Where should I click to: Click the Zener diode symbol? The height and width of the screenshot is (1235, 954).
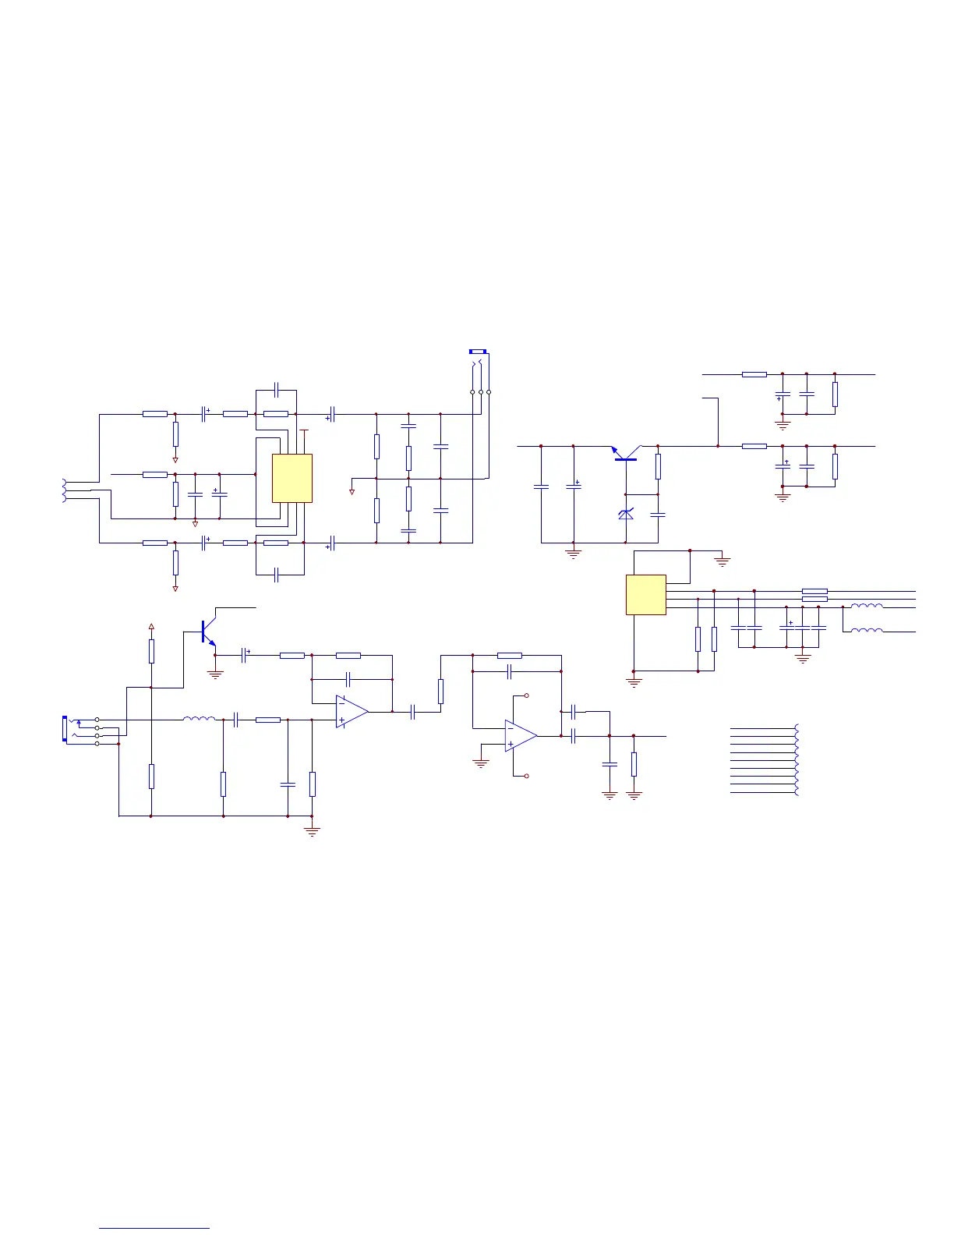[625, 515]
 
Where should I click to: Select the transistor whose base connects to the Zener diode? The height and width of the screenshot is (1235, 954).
[625, 455]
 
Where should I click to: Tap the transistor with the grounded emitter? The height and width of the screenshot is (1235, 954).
[207, 632]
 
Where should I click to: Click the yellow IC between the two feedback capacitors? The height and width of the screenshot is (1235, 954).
[292, 478]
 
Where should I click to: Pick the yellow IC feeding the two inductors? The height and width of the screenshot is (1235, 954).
[645, 594]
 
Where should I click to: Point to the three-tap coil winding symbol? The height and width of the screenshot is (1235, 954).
[64, 490]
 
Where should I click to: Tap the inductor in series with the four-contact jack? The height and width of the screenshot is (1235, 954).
[199, 720]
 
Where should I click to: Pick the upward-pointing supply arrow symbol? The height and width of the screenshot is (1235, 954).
[151, 625]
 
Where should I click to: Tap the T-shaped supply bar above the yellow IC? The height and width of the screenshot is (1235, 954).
[304, 430]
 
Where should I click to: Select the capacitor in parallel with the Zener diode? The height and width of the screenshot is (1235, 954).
[658, 515]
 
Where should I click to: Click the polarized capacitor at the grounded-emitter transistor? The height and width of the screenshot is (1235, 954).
[245, 656]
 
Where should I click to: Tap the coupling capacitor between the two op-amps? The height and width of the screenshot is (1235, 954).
[413, 711]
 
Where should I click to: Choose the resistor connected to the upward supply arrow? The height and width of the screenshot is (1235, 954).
[151, 651]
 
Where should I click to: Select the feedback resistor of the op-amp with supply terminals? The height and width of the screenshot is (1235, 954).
[509, 656]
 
